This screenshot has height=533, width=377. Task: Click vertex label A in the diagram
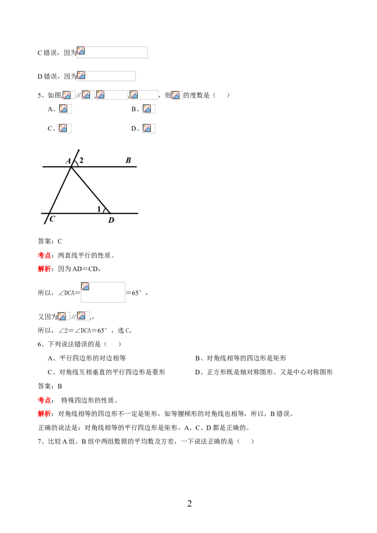pyautogui.click(x=68, y=161)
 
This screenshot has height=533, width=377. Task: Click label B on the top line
pyautogui.click(x=128, y=160)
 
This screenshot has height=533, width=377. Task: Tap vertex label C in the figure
pyautogui.click(x=52, y=219)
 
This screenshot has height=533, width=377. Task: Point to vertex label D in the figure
pyautogui.click(x=111, y=220)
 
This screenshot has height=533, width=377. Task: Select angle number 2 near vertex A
pyautogui.click(x=82, y=160)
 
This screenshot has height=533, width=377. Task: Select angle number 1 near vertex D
pyautogui.click(x=99, y=209)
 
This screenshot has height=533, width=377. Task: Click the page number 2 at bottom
pyautogui.click(x=189, y=503)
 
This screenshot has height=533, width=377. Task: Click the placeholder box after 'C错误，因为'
pyautogui.click(x=112, y=52)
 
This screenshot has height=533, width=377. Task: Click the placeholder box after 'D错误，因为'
pyautogui.click(x=106, y=76)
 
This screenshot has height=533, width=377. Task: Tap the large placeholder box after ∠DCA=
pyautogui.click(x=103, y=292)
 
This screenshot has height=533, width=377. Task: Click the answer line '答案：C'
pyautogui.click(x=50, y=242)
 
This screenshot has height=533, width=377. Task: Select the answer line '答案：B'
pyautogui.click(x=50, y=386)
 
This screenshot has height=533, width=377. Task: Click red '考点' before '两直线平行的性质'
pyautogui.click(x=44, y=255)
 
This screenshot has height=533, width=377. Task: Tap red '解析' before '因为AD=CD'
pyautogui.click(x=44, y=269)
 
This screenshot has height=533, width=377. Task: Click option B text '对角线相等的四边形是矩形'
pyautogui.click(x=246, y=358)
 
